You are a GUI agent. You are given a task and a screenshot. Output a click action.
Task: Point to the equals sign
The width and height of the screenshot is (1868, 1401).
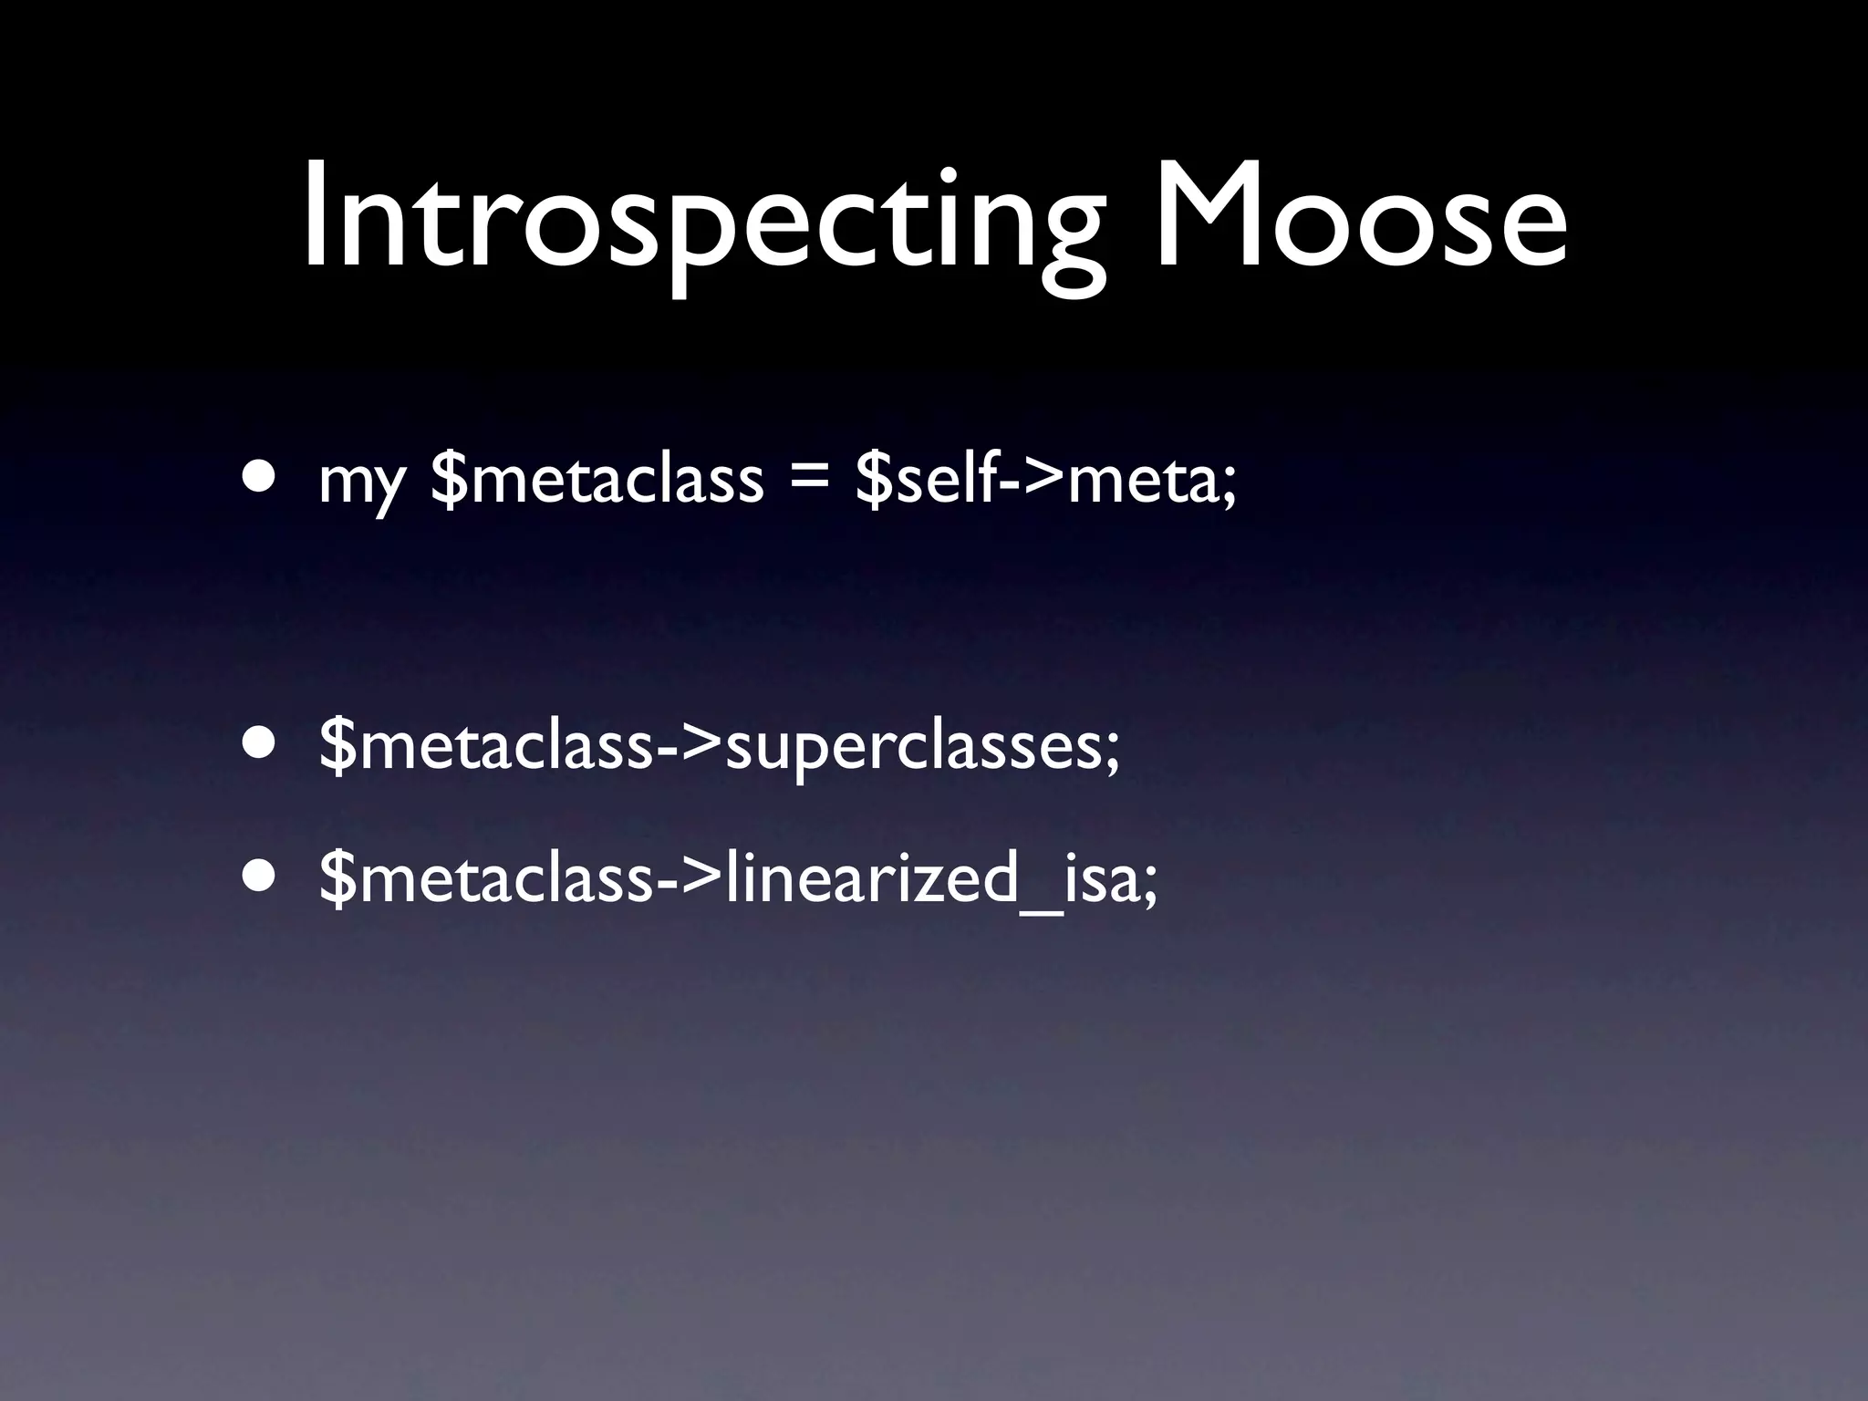point(809,482)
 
